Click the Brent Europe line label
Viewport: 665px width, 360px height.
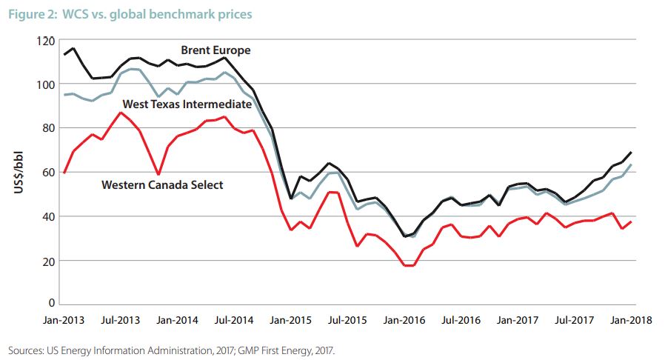pos(215,51)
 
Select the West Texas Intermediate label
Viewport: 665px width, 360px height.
pos(187,104)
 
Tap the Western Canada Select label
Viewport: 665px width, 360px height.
pos(161,184)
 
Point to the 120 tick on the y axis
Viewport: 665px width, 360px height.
pos(47,41)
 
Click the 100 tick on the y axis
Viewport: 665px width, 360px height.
pos(47,84)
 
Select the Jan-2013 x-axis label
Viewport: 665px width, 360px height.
pos(64,321)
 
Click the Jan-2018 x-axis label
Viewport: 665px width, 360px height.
pos(629,321)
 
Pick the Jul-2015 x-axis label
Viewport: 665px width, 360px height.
pos(348,321)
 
